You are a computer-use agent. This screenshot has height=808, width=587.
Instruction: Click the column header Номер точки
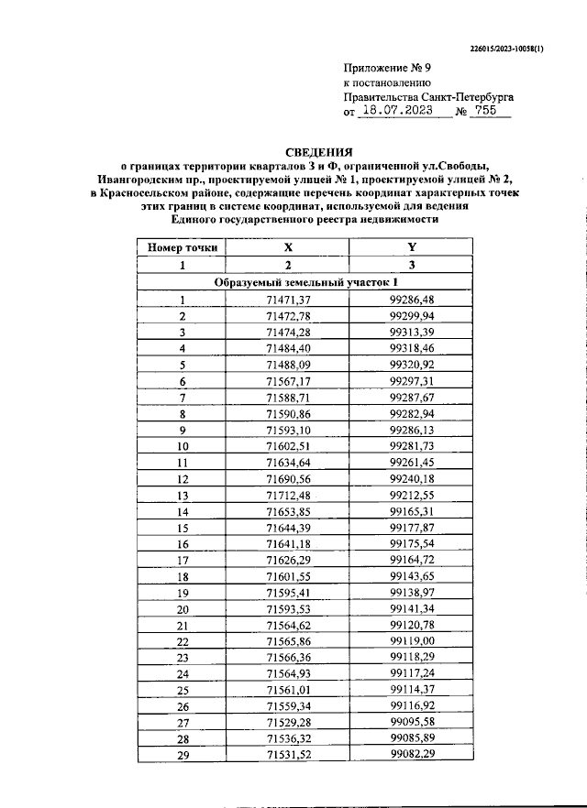pos(182,247)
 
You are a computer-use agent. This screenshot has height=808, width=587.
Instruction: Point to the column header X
pos(288,247)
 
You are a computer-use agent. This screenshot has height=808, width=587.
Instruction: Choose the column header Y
pos(412,247)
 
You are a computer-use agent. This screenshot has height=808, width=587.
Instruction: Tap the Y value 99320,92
pos(412,364)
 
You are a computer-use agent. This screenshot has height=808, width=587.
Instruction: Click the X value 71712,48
pos(288,496)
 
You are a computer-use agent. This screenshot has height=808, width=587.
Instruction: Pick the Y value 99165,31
pos(412,511)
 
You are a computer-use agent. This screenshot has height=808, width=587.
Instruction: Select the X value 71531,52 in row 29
pos(288,754)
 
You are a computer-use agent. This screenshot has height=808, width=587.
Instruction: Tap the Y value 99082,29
pos(412,754)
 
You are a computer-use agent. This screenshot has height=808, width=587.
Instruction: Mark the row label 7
pos(182,398)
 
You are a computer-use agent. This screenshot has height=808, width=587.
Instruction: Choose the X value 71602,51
pos(288,446)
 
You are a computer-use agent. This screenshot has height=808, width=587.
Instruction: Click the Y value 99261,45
pos(412,463)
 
